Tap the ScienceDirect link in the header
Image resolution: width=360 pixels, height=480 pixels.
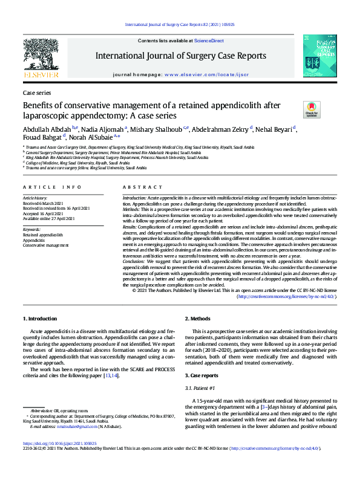coord(209,40)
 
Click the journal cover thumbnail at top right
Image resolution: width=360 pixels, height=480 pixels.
coord(319,56)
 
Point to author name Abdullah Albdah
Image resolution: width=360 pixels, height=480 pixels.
coord(46,129)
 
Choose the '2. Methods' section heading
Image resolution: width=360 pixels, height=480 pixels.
coord(197,318)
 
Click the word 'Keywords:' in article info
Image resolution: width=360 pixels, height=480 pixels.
coord(31,230)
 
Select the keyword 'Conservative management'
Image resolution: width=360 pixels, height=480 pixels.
coord(46,245)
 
